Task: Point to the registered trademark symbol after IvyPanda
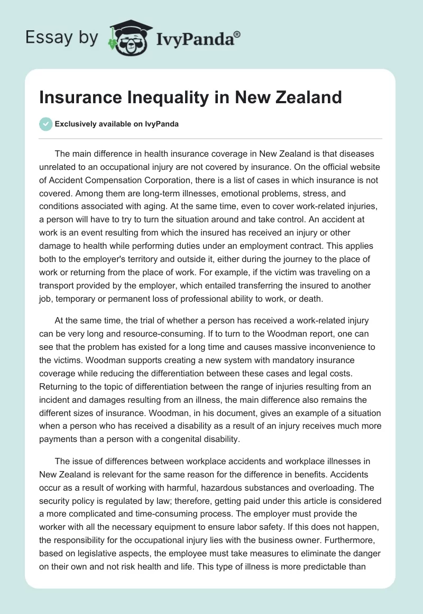click(x=237, y=33)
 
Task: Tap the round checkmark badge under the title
click(x=46, y=124)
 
